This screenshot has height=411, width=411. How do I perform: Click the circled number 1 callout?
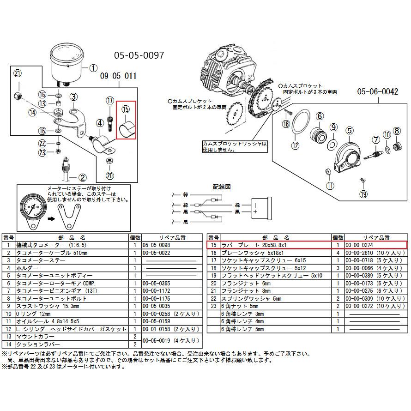(93, 67)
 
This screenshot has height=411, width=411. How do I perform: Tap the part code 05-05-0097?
(139, 55)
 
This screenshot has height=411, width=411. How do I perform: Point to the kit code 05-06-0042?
(377, 92)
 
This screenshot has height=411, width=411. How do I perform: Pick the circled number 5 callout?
(349, 131)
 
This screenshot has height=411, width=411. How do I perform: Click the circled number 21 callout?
(18, 74)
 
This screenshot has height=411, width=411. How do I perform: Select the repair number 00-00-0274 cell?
(359, 245)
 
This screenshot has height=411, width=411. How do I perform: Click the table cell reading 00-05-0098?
(157, 245)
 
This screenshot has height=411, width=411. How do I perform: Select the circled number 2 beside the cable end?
(82, 177)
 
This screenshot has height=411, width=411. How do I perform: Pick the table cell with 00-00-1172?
(157, 291)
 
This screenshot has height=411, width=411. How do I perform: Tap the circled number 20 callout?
(110, 175)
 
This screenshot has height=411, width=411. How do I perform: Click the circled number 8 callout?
(396, 132)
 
